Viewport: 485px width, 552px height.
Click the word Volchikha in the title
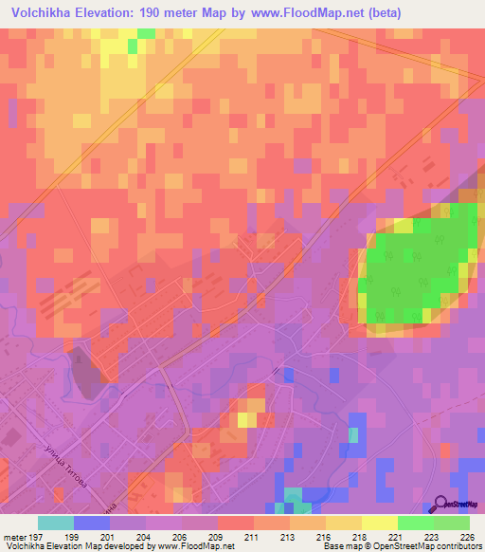point(41,13)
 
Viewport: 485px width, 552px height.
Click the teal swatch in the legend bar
point(56,523)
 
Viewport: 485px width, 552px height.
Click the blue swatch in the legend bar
point(92,523)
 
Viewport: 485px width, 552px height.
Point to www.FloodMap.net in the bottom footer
point(194,546)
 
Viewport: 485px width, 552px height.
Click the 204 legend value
point(152,537)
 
